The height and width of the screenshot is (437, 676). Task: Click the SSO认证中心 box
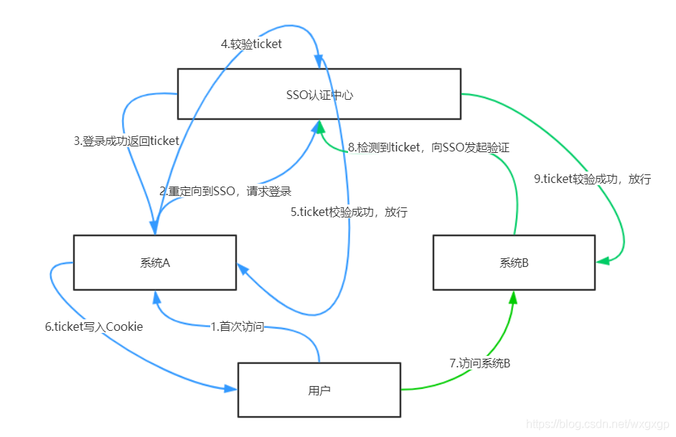pyautogui.click(x=319, y=94)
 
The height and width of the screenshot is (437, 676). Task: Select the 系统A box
pyautogui.click(x=155, y=263)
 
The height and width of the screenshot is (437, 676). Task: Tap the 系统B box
pyautogui.click(x=514, y=263)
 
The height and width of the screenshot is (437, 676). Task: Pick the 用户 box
pyautogui.click(x=319, y=390)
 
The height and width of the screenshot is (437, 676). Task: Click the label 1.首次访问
pyautogui.click(x=237, y=326)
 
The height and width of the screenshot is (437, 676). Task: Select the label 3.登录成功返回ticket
pyautogui.click(x=126, y=141)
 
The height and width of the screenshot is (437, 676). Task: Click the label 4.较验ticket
pyautogui.click(x=251, y=44)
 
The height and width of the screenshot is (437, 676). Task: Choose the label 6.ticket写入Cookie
pyautogui.click(x=94, y=326)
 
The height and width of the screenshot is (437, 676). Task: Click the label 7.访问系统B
pyautogui.click(x=480, y=363)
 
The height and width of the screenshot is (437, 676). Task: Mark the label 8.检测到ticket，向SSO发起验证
pyautogui.click(x=428, y=147)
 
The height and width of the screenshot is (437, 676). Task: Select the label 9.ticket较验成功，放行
pyautogui.click(x=592, y=179)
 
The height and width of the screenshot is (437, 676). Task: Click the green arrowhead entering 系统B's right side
pyautogui.click(x=603, y=261)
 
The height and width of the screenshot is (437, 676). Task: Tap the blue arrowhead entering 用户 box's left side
pyautogui.click(x=230, y=388)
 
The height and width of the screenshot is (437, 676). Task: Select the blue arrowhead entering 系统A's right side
pyautogui.click(x=243, y=269)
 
